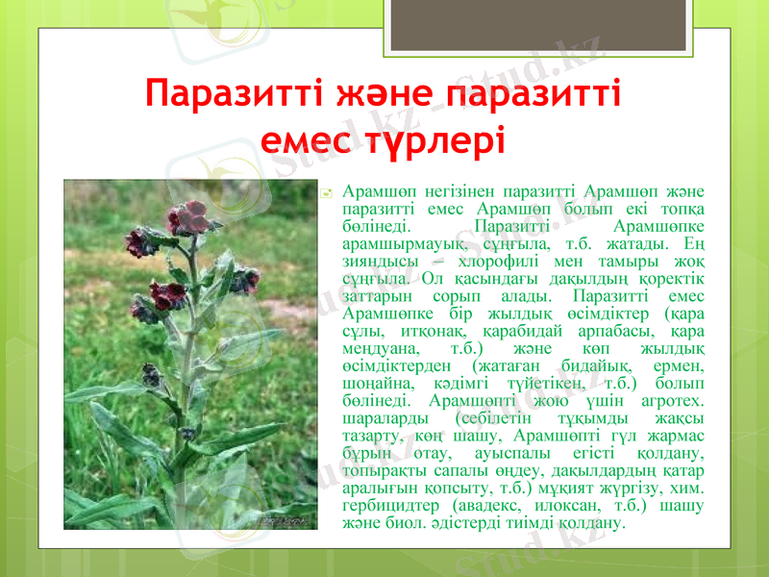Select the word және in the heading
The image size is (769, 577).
pyautogui.click(x=383, y=96)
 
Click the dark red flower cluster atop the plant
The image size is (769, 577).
pyautogui.click(x=189, y=217)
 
